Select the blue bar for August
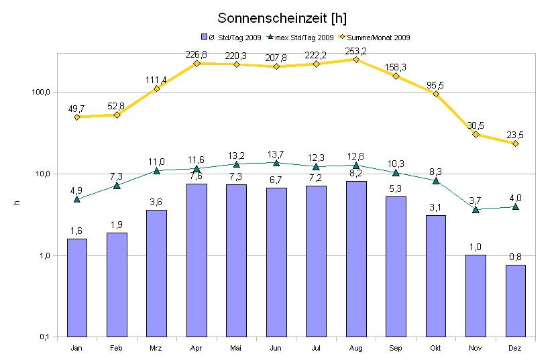pyautogui.click(x=355, y=258)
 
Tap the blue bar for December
pyautogui.click(x=515, y=300)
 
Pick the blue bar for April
pyautogui.click(x=196, y=260)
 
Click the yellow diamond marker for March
pyautogui.click(x=156, y=88)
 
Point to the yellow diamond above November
pyautogui.click(x=476, y=134)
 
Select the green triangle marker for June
pyautogui.click(x=276, y=162)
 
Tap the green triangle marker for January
pyautogui.click(x=77, y=199)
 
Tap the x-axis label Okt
pyautogui.click(x=435, y=349)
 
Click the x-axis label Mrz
pyautogui.click(x=156, y=349)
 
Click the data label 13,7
pyautogui.click(x=276, y=154)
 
